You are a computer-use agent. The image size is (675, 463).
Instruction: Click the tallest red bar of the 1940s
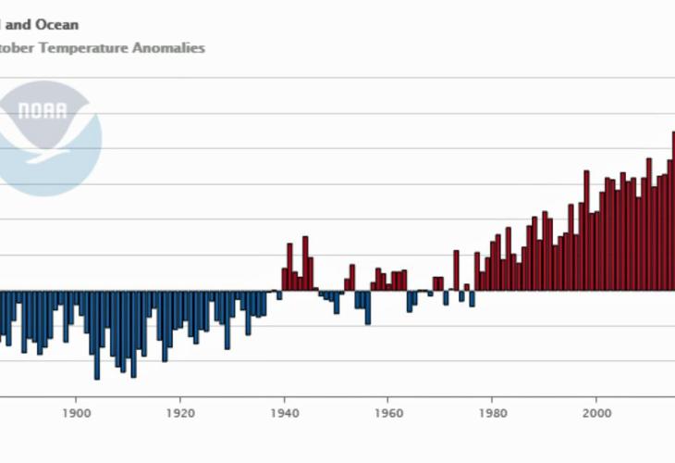click(x=305, y=264)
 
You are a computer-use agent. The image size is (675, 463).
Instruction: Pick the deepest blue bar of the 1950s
click(x=367, y=307)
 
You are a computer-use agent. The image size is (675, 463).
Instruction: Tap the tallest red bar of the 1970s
click(x=456, y=270)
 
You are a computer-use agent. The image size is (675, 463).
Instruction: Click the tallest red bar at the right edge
click(x=673, y=211)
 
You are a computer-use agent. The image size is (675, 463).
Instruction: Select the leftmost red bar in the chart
click(x=284, y=280)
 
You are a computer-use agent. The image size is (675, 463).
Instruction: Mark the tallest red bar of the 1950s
click(x=351, y=278)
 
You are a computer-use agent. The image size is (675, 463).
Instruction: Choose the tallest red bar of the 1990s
click(x=586, y=231)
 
